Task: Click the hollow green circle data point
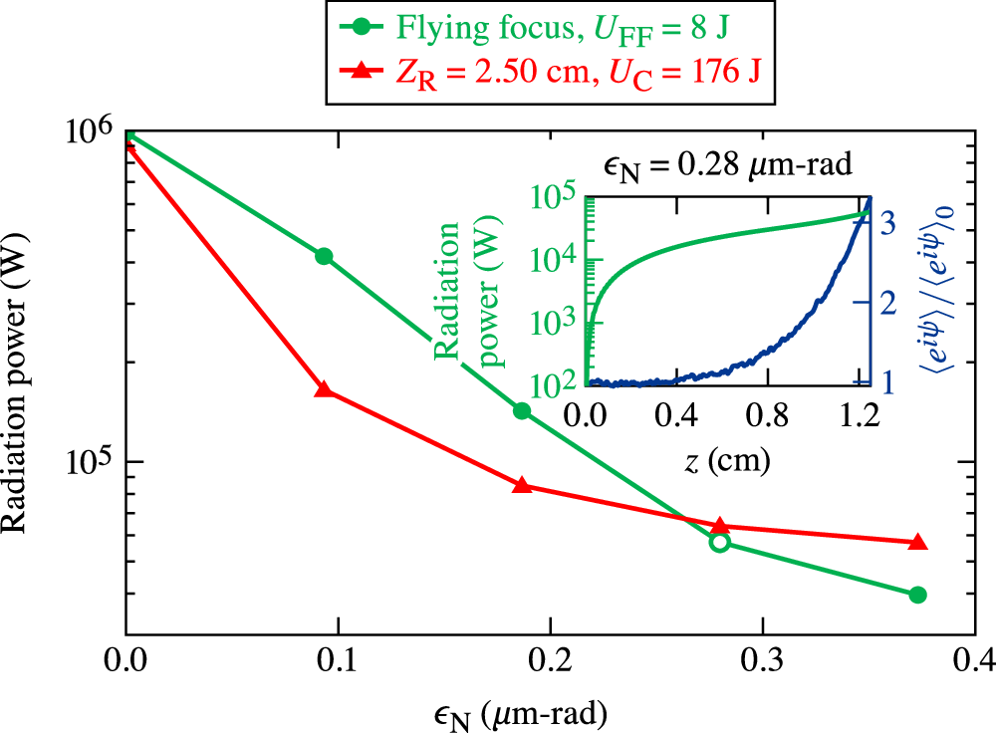pyautogui.click(x=719, y=542)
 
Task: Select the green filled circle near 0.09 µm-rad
pyautogui.click(x=323, y=256)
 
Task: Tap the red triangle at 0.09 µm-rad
pyautogui.click(x=323, y=389)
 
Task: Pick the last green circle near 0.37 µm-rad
pyautogui.click(x=917, y=595)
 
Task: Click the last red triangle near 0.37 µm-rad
pyautogui.click(x=917, y=543)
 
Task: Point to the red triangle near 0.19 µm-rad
pyautogui.click(x=521, y=485)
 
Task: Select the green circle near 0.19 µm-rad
pyautogui.click(x=521, y=411)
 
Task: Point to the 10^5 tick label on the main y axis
pyautogui.click(x=92, y=461)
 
